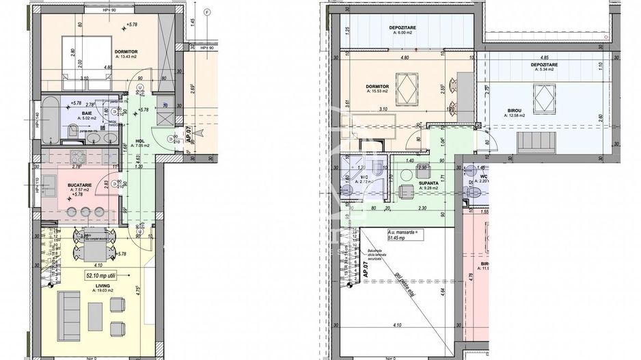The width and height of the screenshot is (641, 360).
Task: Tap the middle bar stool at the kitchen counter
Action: [85, 211]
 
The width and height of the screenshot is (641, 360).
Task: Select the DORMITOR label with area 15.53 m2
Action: [378, 86]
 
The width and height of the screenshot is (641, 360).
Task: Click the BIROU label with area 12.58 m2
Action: [515, 111]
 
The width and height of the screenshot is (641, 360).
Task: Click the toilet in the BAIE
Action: [73, 130]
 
